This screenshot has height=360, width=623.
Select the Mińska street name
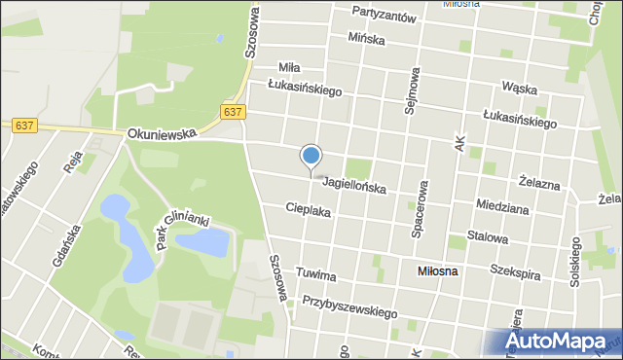coord(366,40)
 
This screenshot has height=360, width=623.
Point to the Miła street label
coord(289,67)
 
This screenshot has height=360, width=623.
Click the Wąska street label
coord(520,88)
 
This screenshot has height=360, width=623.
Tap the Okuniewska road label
coord(161,132)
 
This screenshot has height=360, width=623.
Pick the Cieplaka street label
coord(309,209)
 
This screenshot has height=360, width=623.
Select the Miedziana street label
coord(502,206)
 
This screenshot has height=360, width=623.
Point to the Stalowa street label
coord(488,236)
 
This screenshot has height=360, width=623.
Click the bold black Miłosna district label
coord(437,271)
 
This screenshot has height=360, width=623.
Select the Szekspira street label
coord(515,273)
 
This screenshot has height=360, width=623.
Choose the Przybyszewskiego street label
coord(350,308)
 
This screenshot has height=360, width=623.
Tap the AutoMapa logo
coord(559,342)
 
